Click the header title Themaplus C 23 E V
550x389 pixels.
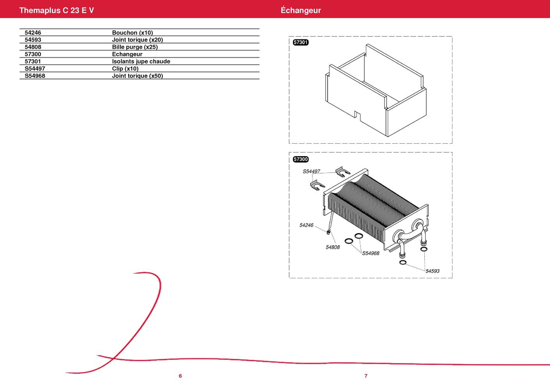coord(57,10)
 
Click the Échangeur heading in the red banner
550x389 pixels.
coord(301,10)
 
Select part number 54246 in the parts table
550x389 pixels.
coord(33,33)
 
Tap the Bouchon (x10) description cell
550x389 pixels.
coord(132,33)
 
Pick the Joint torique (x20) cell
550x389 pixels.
coord(137,40)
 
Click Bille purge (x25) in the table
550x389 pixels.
coord(135,47)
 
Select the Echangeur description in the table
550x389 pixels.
coord(127,54)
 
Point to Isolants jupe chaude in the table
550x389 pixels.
coord(141,61)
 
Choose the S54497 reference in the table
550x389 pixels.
coord(35,69)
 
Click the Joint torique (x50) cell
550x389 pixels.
coord(137,76)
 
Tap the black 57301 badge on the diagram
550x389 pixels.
coord(301,42)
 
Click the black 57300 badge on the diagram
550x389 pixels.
coord(301,159)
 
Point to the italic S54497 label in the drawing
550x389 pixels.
coord(311,171)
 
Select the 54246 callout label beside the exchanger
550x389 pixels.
coord(307,225)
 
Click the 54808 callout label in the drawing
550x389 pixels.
coord(333,247)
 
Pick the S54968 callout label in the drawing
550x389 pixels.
coord(371,253)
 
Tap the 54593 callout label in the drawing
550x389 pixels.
coord(432,271)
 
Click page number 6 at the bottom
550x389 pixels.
coord(180,376)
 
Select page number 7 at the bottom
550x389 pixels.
coord(366,376)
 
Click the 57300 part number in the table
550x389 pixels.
coord(33,54)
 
